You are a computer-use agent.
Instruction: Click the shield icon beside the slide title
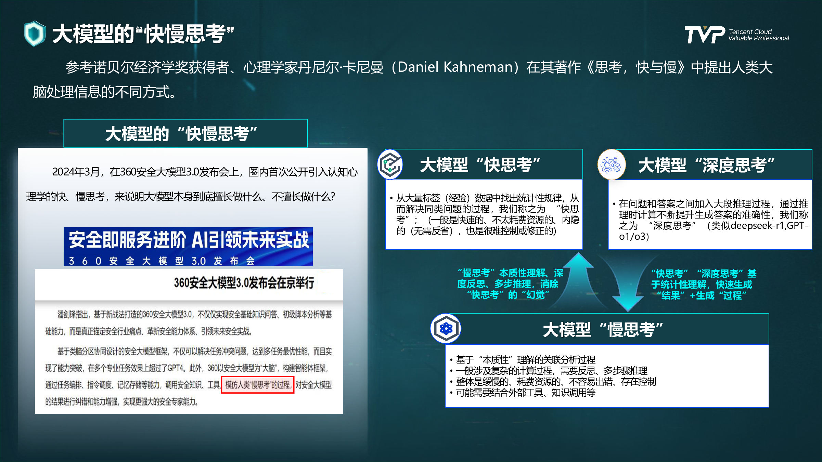click(35, 34)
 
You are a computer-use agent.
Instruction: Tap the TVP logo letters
click(705, 35)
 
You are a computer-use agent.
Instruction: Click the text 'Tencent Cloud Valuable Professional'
click(759, 35)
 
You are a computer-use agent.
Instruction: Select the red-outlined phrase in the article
click(258, 385)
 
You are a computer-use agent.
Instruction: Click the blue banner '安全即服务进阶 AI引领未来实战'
click(188, 246)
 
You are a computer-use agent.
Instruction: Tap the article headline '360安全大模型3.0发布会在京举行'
click(244, 283)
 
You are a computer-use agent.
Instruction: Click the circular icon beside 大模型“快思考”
click(390, 164)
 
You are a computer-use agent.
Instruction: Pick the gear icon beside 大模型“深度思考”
click(612, 165)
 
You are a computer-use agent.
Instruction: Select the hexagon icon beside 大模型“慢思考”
click(446, 329)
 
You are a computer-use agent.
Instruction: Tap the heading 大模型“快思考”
click(480, 165)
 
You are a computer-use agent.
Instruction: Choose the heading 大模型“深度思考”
click(706, 166)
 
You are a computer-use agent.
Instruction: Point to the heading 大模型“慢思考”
click(603, 330)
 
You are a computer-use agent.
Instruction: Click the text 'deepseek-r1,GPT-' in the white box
click(769, 226)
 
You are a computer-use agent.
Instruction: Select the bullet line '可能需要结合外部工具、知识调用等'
click(526, 393)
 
